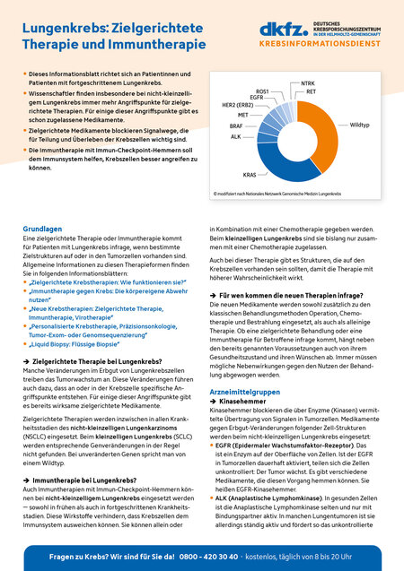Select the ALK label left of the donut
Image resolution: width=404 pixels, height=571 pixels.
(235, 136)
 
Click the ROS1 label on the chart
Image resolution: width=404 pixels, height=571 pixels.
(262, 91)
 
